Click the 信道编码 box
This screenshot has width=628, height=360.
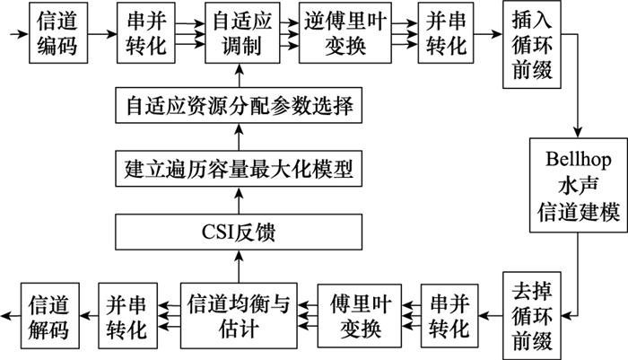(x=56, y=33)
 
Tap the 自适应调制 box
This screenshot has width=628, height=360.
(x=239, y=33)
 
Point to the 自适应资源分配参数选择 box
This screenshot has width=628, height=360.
(x=239, y=109)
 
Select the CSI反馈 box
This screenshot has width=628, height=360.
(x=239, y=236)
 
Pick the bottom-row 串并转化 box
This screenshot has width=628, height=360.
(x=450, y=314)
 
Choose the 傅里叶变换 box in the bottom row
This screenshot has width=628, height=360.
(x=356, y=314)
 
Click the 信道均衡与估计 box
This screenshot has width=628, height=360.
(x=239, y=314)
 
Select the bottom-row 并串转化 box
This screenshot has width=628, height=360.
(x=126, y=314)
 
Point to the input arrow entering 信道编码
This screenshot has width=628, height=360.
(x=16, y=33)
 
